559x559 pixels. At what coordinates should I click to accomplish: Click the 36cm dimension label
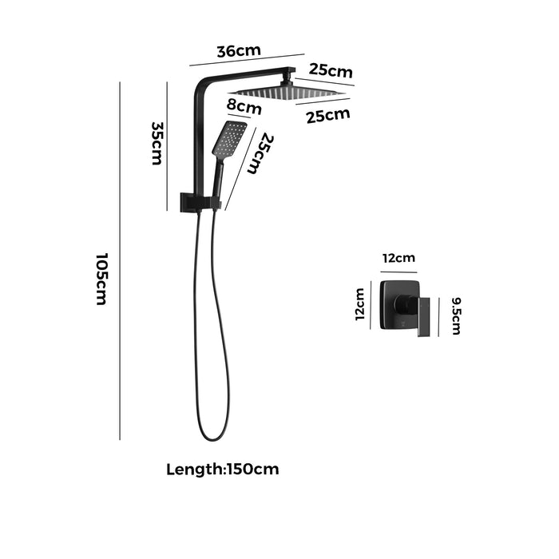tap(239, 51)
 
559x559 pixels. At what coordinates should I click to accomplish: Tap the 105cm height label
tap(101, 279)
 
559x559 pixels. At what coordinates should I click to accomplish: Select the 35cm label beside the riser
tap(157, 143)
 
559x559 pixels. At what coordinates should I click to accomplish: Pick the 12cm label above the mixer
tap(398, 257)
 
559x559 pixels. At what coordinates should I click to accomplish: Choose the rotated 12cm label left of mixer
tap(359, 304)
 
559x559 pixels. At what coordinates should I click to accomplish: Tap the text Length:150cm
tap(223, 469)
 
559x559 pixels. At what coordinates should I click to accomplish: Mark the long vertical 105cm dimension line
tap(120, 260)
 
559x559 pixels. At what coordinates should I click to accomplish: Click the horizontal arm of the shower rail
tap(248, 74)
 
